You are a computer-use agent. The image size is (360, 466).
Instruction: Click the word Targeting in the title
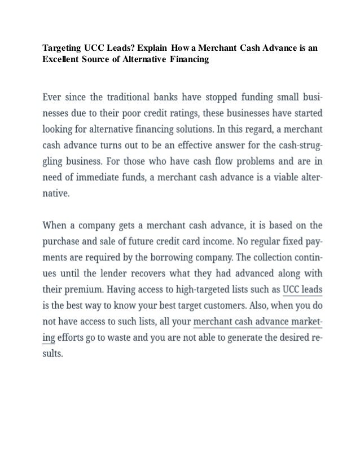pos(63,49)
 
